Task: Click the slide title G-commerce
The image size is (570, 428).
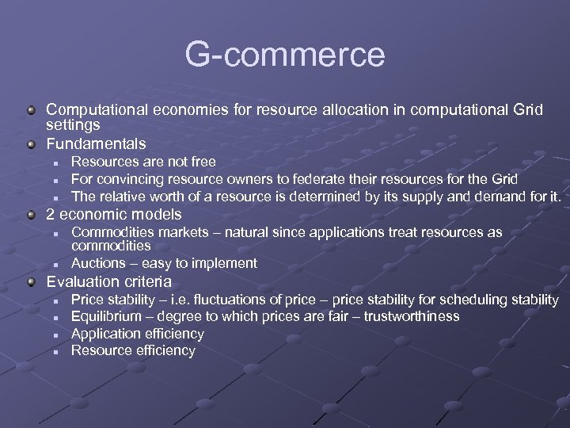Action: click(285, 55)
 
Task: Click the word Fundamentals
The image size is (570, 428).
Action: click(96, 143)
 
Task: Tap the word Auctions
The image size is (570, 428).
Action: click(98, 263)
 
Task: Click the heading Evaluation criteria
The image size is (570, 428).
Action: click(108, 281)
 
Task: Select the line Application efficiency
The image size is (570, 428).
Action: click(138, 334)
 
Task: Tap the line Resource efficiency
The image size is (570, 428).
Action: click(133, 350)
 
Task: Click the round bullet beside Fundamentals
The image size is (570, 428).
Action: click(31, 144)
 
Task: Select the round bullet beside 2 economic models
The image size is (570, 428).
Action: click(31, 215)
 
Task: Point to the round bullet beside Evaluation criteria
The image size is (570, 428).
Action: click(31, 282)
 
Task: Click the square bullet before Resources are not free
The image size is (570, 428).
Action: click(57, 163)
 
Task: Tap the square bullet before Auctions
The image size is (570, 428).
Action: click(57, 264)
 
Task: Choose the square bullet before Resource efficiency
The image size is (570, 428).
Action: click(57, 351)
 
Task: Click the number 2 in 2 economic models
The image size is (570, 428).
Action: click(51, 215)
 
